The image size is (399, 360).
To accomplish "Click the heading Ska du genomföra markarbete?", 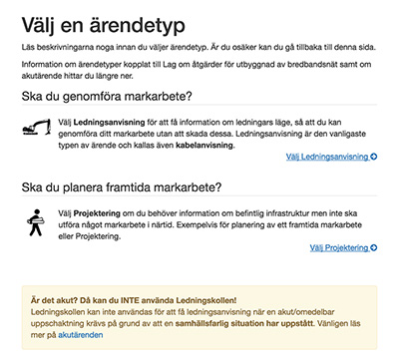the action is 107,96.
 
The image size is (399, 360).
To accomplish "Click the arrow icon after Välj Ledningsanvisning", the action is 374,157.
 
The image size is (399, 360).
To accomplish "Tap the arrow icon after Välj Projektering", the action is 374,246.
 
